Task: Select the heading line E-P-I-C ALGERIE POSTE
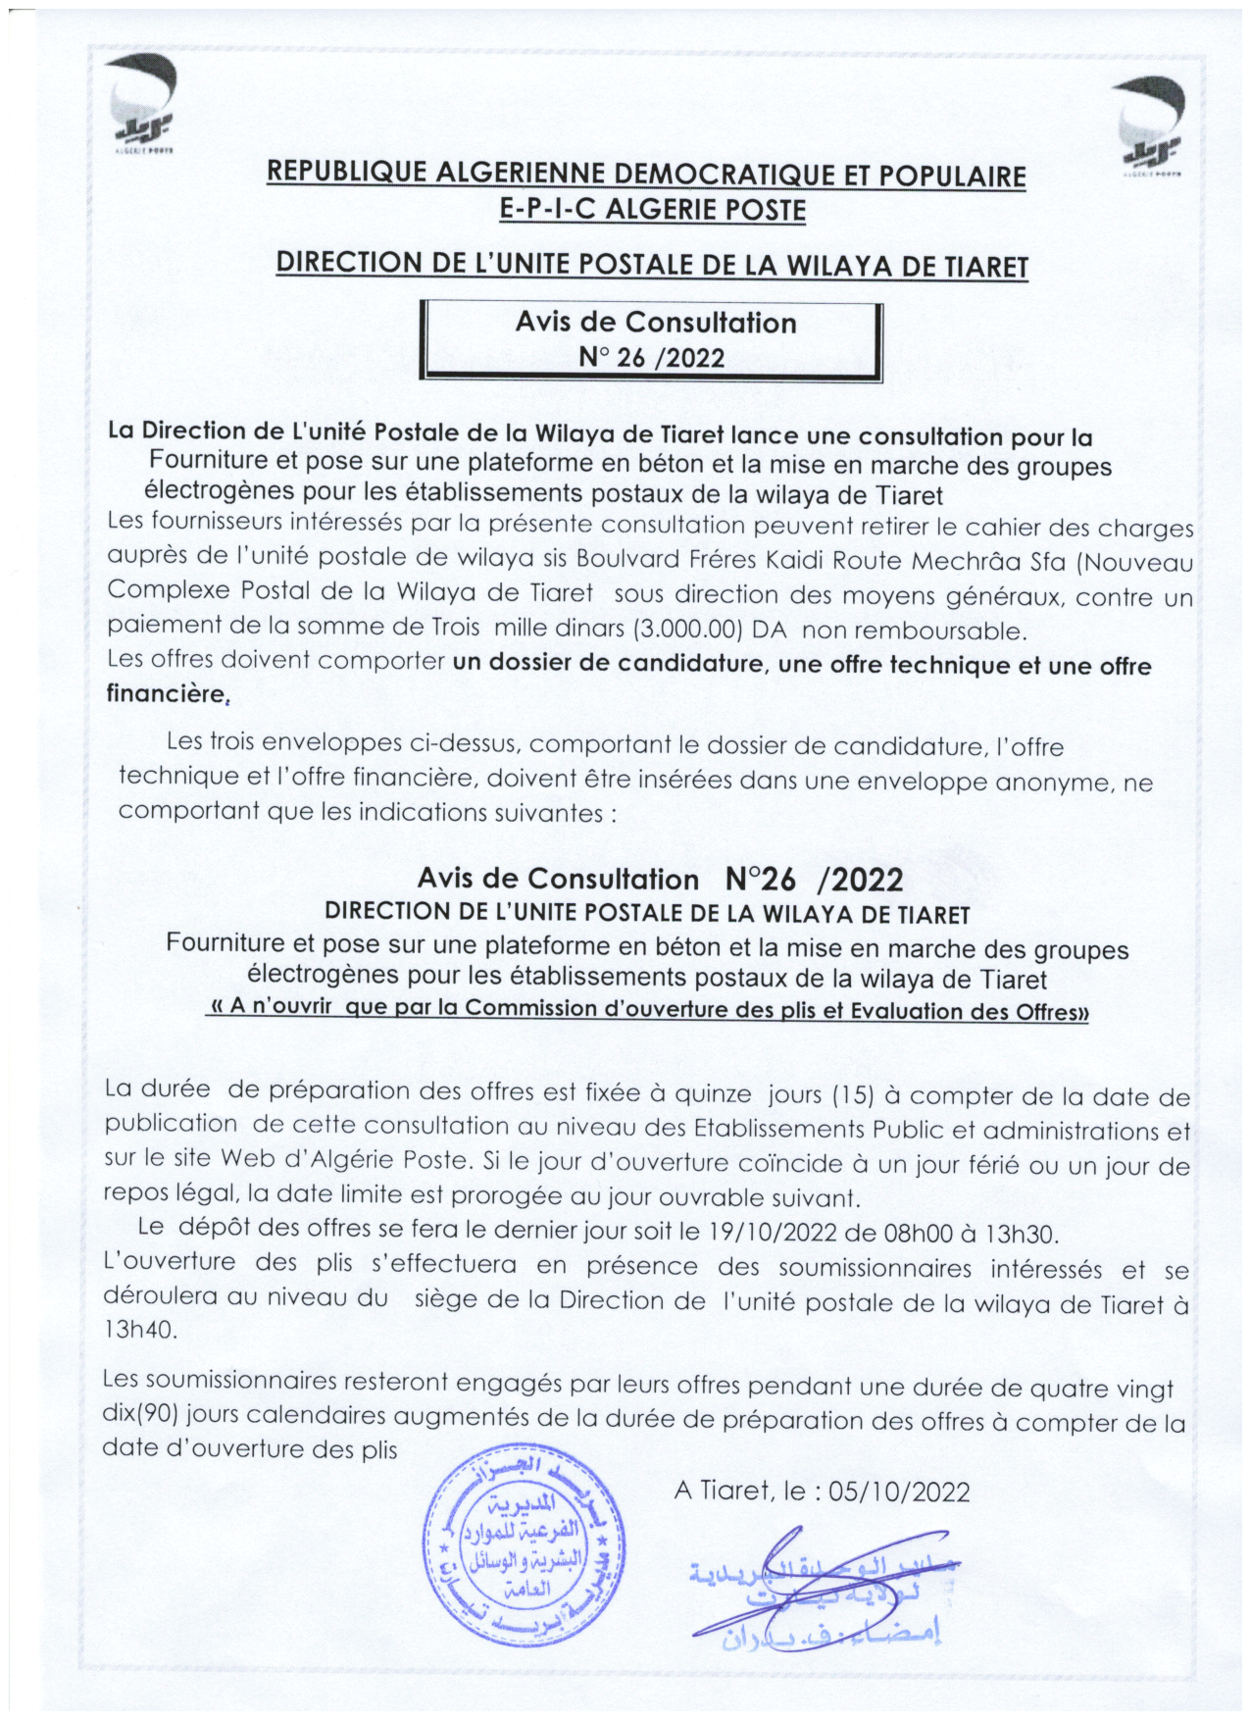tap(652, 210)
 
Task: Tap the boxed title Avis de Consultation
tap(656, 323)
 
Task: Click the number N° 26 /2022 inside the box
tap(652, 358)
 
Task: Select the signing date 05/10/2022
tap(899, 1492)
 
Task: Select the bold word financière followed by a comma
tap(166, 694)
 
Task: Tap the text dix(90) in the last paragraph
tap(139, 1415)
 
